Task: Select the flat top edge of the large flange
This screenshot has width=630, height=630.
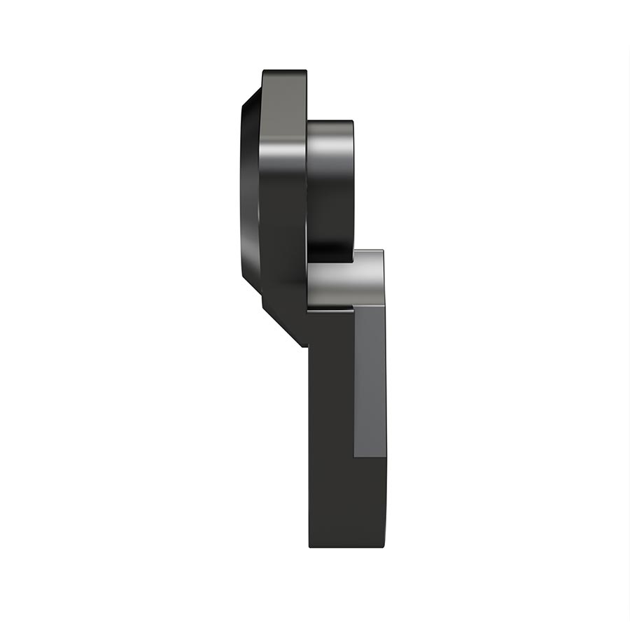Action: pos(284,71)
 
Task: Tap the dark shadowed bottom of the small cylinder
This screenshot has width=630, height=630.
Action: pos(330,248)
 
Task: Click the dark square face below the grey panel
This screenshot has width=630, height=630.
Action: pos(370,500)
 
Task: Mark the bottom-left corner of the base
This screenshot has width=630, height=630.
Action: pos(310,547)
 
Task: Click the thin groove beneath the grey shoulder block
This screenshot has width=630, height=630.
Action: pos(329,309)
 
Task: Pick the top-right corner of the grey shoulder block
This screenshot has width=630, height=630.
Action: pos(382,252)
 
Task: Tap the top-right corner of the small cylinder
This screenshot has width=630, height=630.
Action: pos(351,122)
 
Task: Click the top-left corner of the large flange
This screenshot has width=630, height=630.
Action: pos(264,71)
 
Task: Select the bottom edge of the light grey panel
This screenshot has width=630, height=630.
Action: pos(370,457)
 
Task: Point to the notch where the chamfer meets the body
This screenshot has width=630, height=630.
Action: pos(307,346)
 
